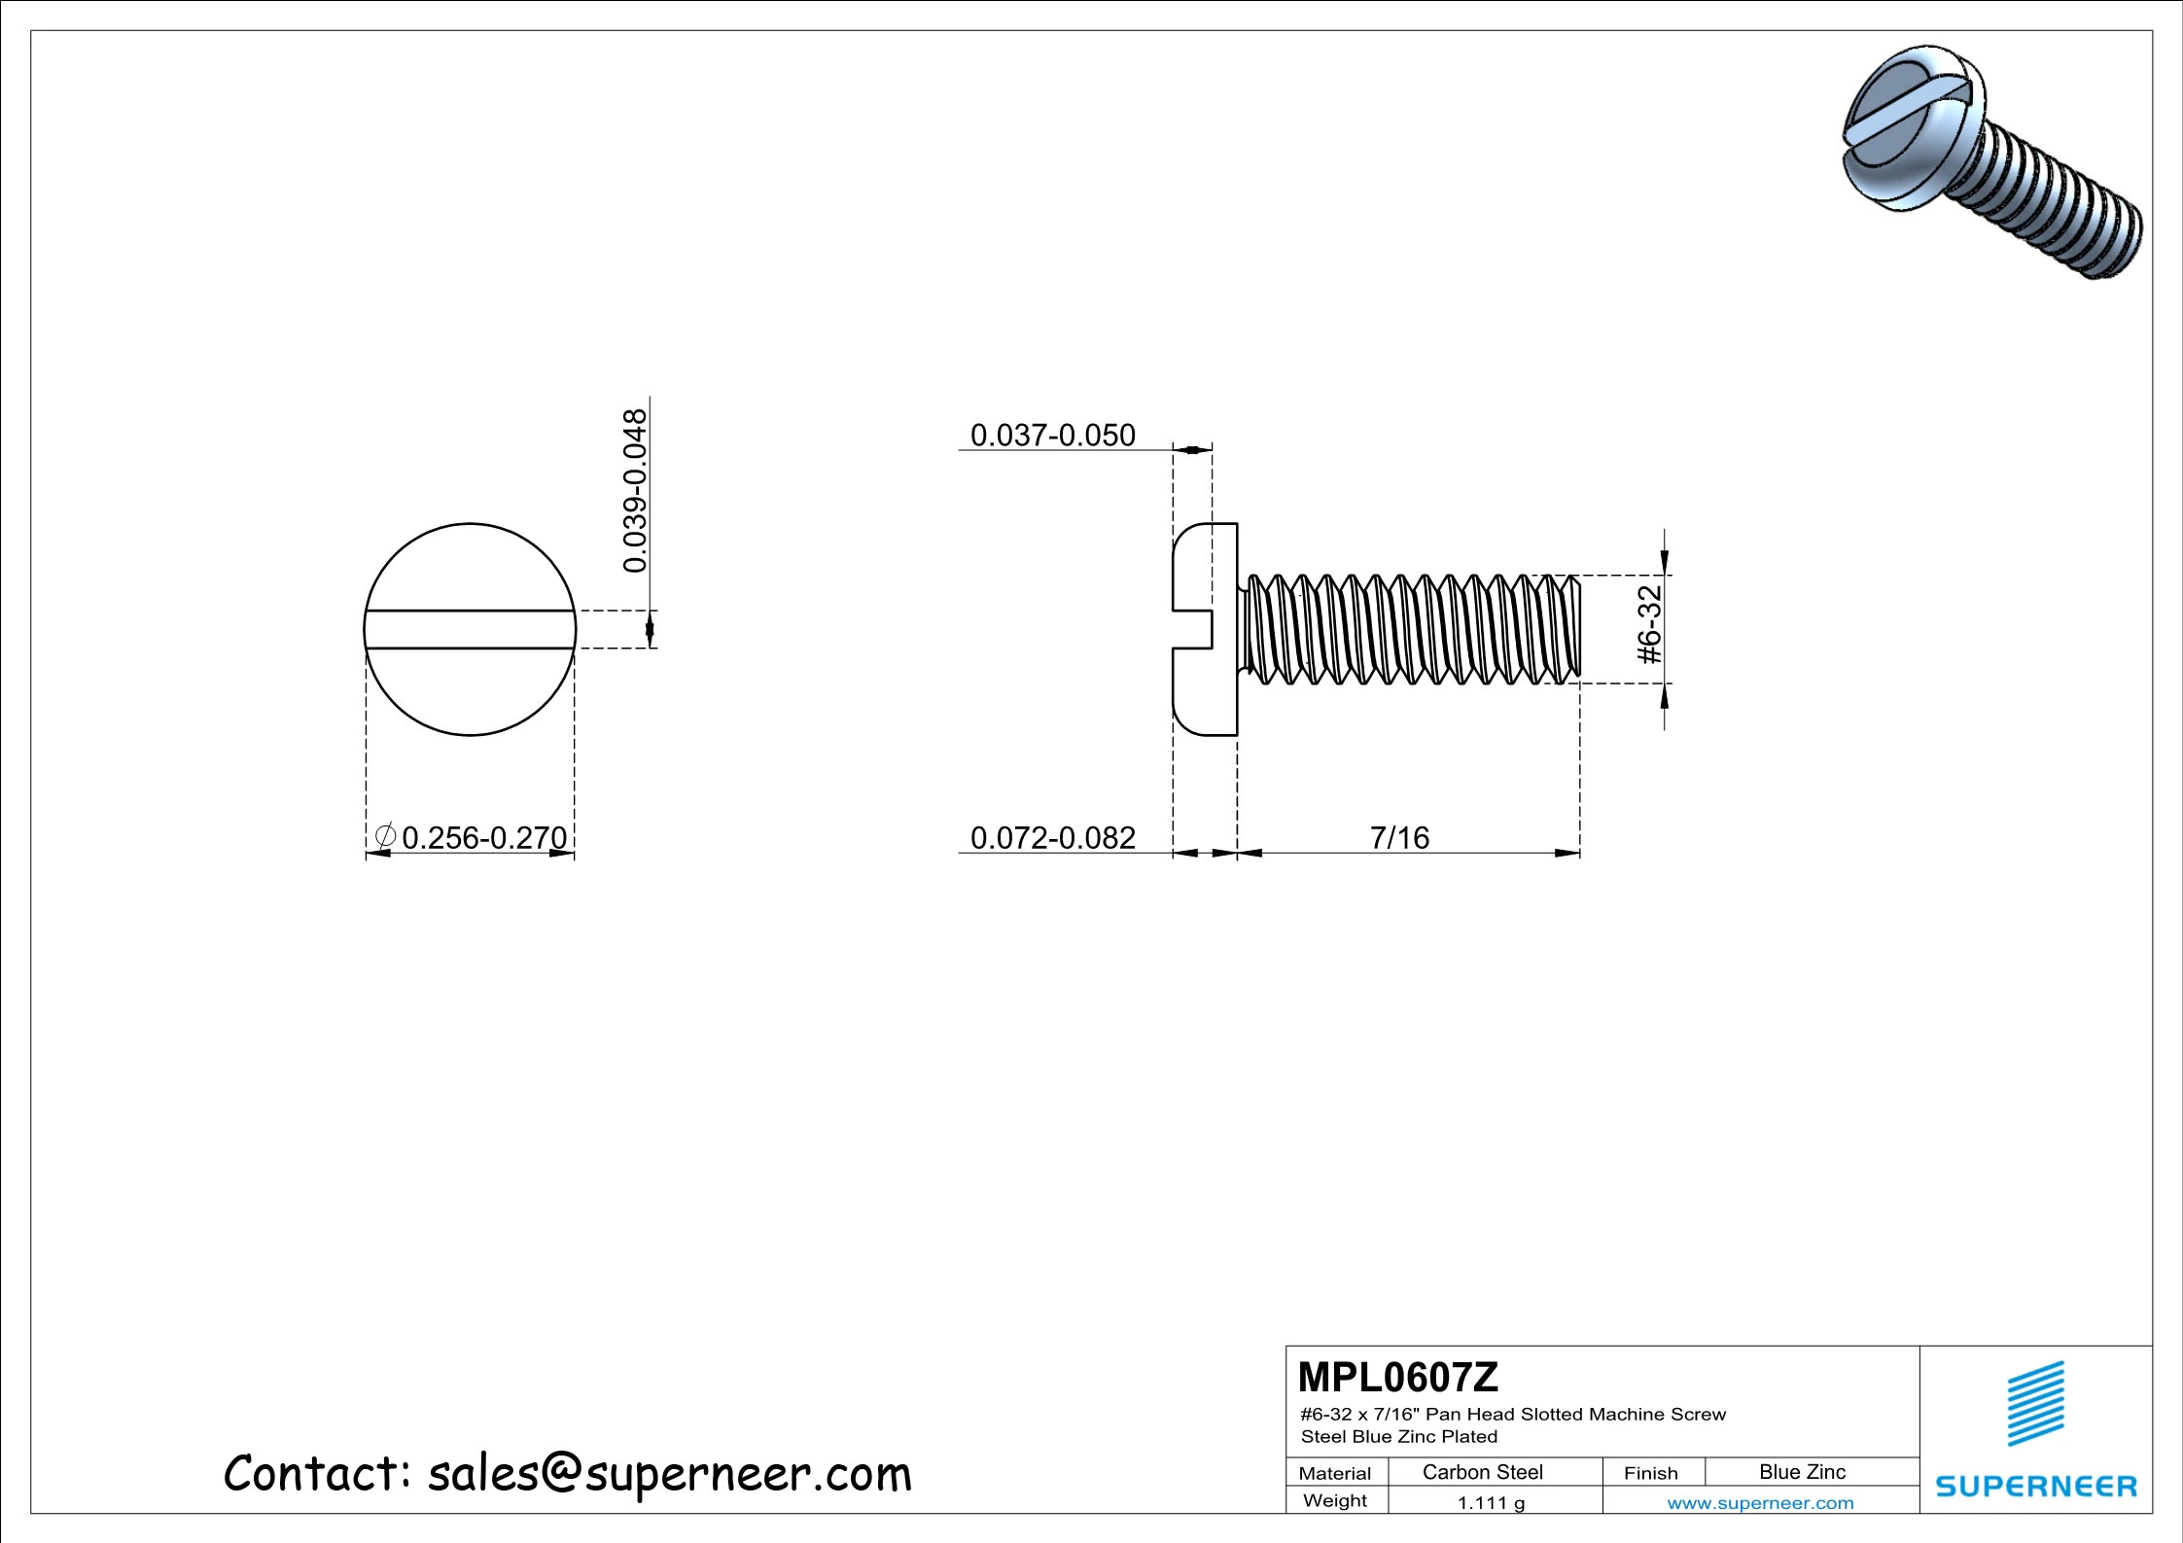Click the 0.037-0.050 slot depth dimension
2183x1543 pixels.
tap(1052, 436)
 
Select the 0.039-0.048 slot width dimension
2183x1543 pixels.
tap(635, 491)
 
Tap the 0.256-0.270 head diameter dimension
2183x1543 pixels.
tap(483, 837)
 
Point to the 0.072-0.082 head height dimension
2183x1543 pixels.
tap(1052, 837)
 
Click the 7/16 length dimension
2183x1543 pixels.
tap(1399, 837)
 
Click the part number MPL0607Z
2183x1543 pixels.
tap(1397, 1378)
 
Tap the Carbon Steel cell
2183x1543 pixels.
tap(1482, 1472)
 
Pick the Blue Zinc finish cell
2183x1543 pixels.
tap(1802, 1472)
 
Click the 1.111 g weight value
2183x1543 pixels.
tap(1491, 1503)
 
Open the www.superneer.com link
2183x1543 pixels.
tap(1760, 1503)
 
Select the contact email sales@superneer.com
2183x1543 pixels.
tap(669, 1474)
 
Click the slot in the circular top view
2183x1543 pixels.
tap(470, 629)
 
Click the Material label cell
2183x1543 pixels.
tap(1334, 1473)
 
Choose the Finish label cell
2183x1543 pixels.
tap(1650, 1473)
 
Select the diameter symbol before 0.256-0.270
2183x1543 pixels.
tap(385, 835)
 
